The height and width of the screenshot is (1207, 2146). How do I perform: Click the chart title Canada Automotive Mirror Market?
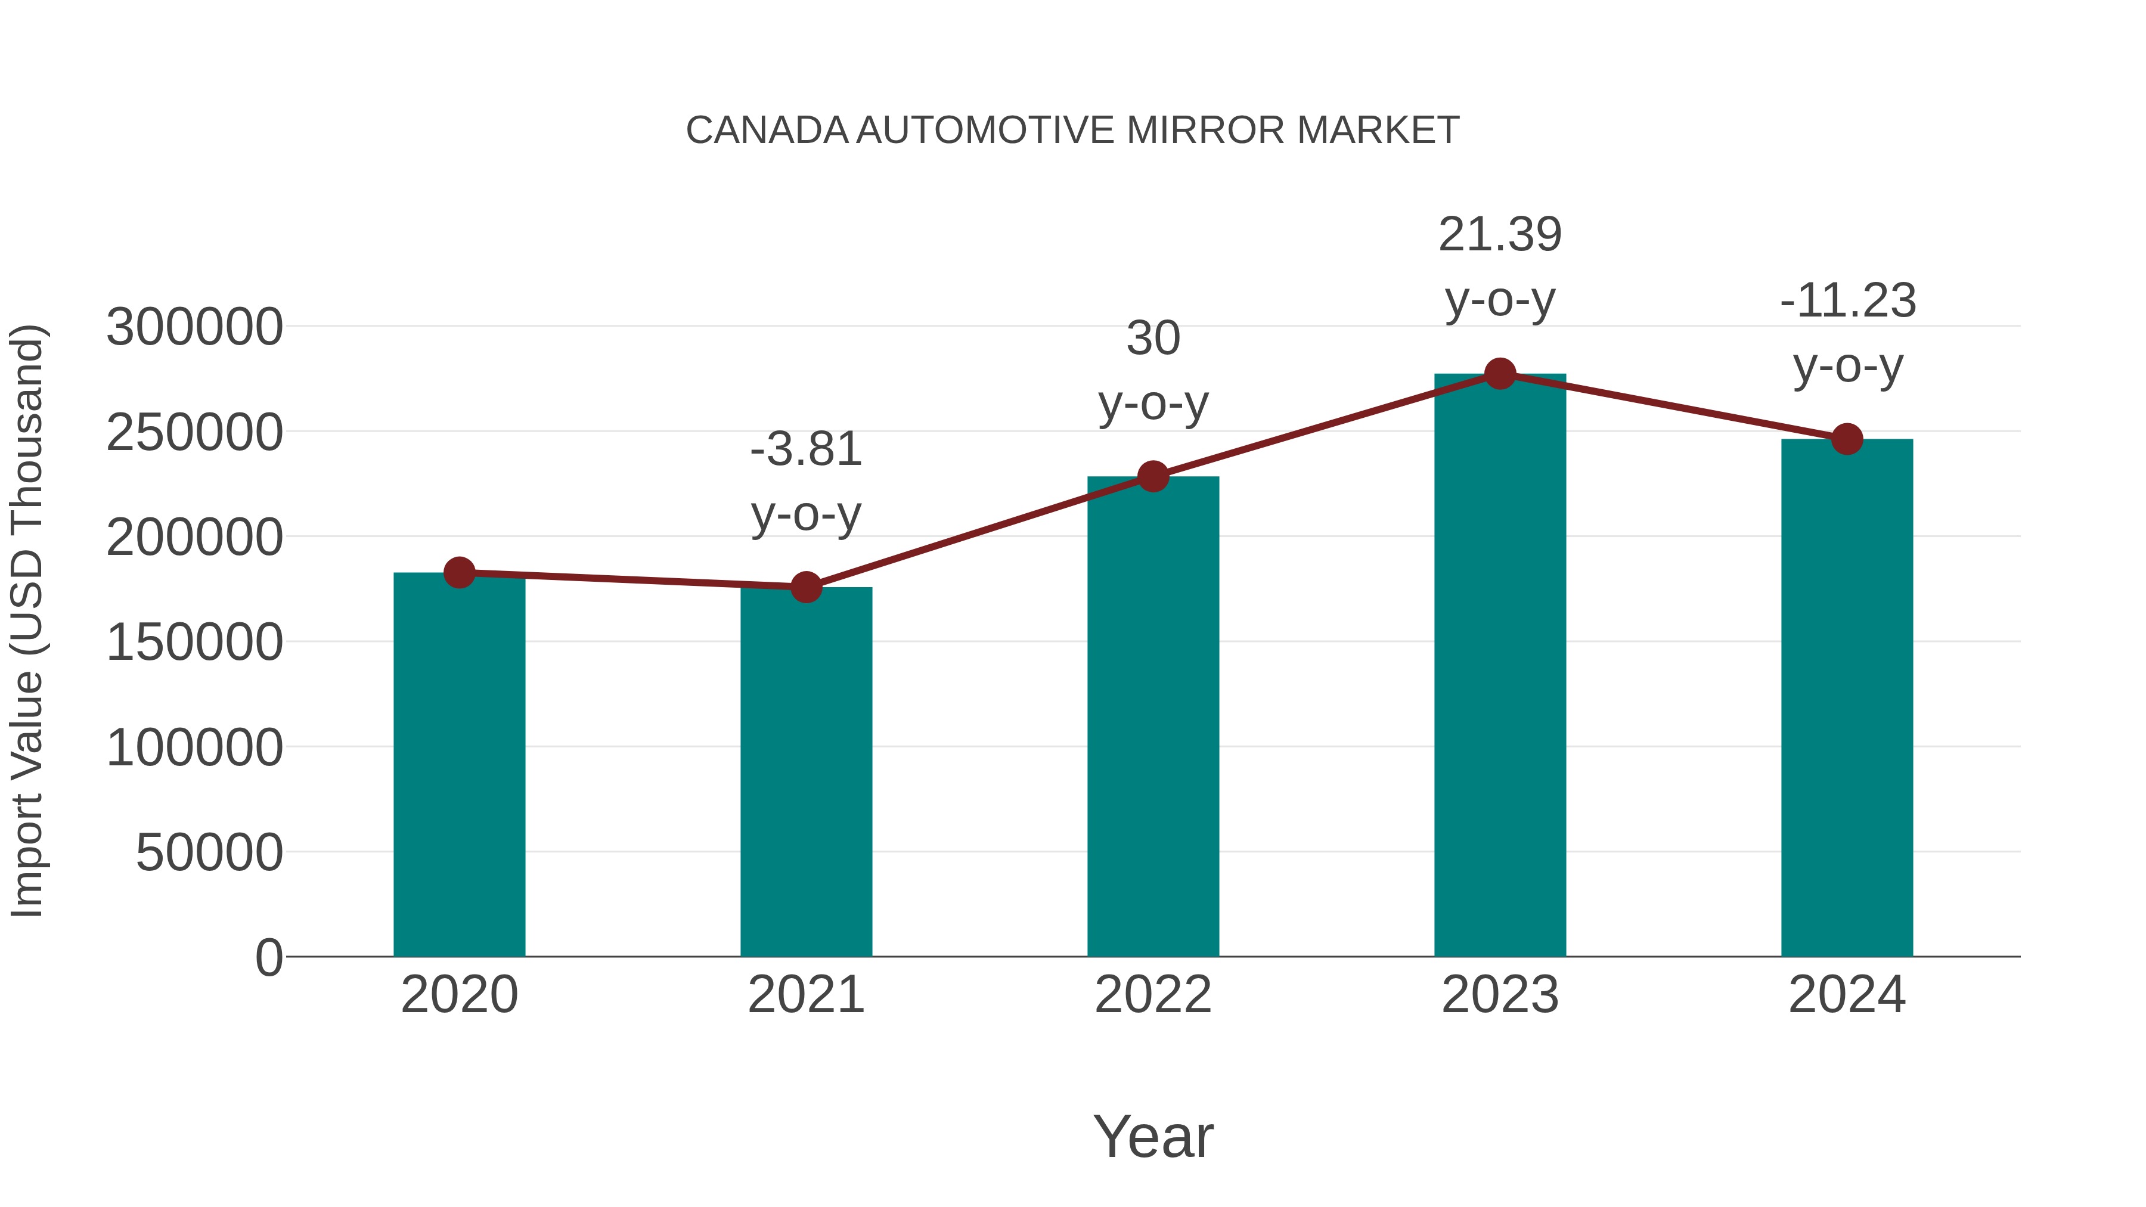pyautogui.click(x=1072, y=131)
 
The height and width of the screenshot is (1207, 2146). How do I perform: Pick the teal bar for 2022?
pyautogui.click(x=1153, y=716)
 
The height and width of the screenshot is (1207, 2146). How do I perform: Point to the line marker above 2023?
pyautogui.click(x=1500, y=374)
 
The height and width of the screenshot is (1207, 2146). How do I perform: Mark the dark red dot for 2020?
pyautogui.click(x=459, y=572)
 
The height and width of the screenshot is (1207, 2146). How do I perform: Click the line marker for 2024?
pyautogui.click(x=1847, y=439)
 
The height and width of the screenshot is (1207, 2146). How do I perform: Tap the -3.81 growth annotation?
pyautogui.click(x=805, y=482)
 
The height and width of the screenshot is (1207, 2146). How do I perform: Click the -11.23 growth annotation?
pyautogui.click(x=1847, y=333)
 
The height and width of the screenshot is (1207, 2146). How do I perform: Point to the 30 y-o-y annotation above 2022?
pyautogui.click(x=1153, y=371)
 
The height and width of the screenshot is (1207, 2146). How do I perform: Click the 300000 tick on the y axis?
pyautogui.click(x=194, y=327)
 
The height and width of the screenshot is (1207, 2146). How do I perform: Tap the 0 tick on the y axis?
pyautogui.click(x=268, y=957)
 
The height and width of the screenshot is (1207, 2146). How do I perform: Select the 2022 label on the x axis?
pyautogui.click(x=1153, y=995)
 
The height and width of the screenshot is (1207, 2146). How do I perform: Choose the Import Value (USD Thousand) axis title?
pyautogui.click(x=27, y=620)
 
